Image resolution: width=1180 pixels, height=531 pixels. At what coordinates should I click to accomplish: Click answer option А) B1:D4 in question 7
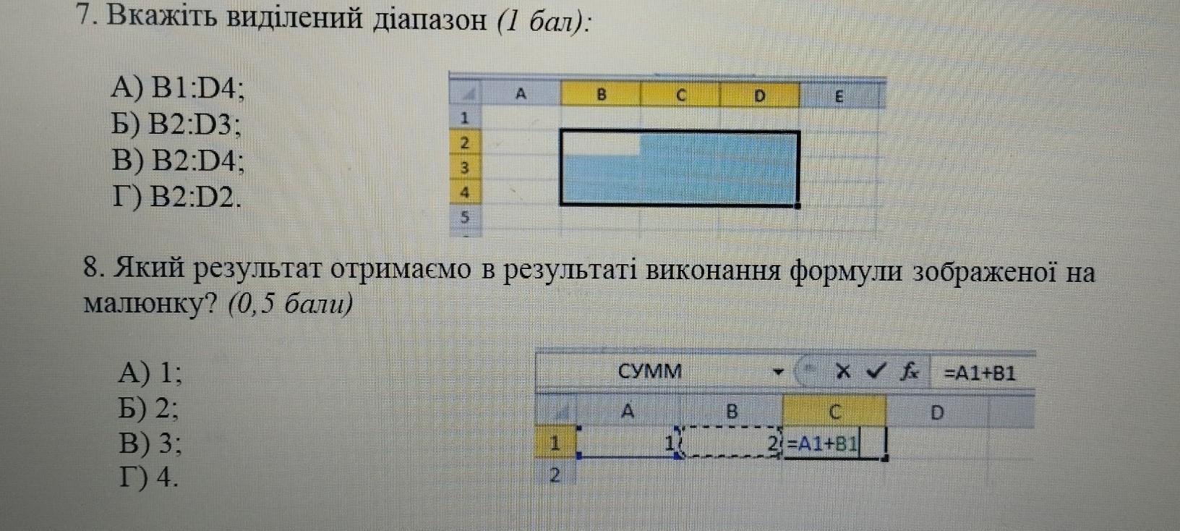(178, 88)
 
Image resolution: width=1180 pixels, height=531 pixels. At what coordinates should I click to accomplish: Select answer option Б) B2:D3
(176, 125)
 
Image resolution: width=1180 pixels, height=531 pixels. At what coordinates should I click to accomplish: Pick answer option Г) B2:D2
(176, 196)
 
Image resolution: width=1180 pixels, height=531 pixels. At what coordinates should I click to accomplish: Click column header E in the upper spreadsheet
(839, 95)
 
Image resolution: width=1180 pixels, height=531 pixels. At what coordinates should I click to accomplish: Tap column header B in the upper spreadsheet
(601, 94)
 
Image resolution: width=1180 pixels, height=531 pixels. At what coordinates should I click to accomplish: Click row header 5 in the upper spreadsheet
(465, 216)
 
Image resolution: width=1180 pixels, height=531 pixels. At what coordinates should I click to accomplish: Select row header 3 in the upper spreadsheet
(465, 168)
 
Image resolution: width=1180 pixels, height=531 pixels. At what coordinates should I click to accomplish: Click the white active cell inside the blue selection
(601, 143)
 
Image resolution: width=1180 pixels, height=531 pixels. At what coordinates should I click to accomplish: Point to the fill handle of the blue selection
(798, 205)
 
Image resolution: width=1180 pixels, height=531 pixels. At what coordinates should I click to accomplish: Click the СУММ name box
(650, 372)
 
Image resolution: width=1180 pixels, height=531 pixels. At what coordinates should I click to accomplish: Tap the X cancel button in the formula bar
(842, 372)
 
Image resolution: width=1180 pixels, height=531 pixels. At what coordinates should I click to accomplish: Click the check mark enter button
(876, 372)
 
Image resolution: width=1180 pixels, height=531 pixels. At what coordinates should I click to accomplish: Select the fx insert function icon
(909, 372)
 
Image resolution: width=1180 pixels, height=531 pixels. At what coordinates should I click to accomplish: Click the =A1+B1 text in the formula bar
(980, 373)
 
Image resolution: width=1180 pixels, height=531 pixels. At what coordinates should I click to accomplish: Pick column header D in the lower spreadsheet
(936, 412)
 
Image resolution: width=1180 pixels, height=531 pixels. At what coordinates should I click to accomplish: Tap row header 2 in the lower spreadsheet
(555, 475)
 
